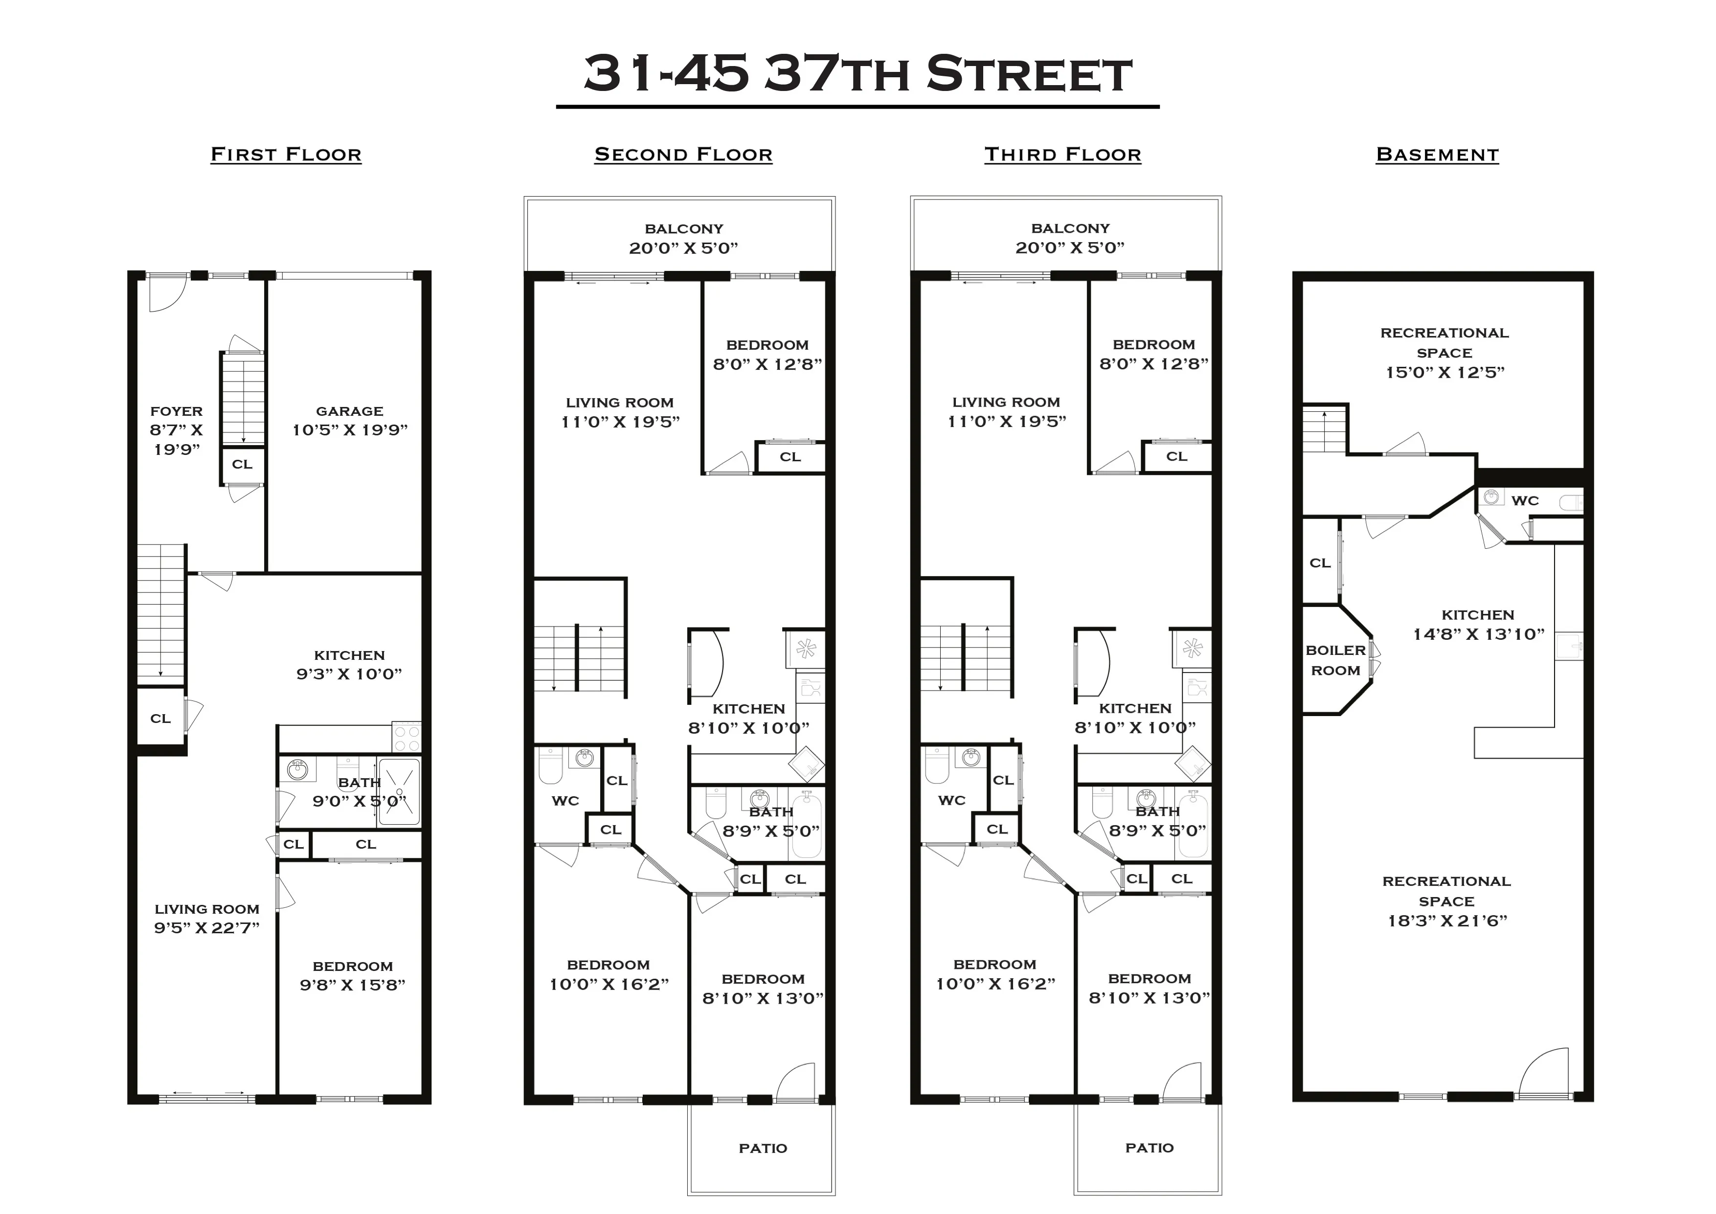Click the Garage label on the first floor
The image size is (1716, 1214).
(x=349, y=411)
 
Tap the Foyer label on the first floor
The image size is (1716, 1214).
(x=177, y=411)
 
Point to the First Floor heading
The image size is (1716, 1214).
(x=286, y=155)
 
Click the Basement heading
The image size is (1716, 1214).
(x=1437, y=155)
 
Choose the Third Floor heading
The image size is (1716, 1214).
(x=1062, y=155)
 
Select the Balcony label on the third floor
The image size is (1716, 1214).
(x=1070, y=228)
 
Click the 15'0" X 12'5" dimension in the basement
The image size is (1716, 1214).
(x=1445, y=372)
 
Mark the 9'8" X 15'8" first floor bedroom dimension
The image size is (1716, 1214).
(x=352, y=985)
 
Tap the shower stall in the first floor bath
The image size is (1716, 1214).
(x=399, y=791)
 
